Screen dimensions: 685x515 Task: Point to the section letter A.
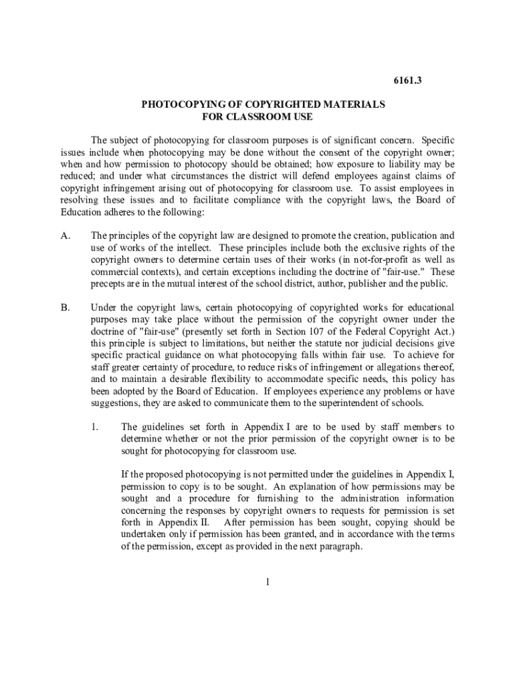click(x=65, y=235)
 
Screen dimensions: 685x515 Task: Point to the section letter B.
click(x=65, y=308)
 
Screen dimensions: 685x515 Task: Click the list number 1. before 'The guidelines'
click(x=95, y=427)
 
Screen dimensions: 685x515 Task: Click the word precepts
click(x=110, y=284)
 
